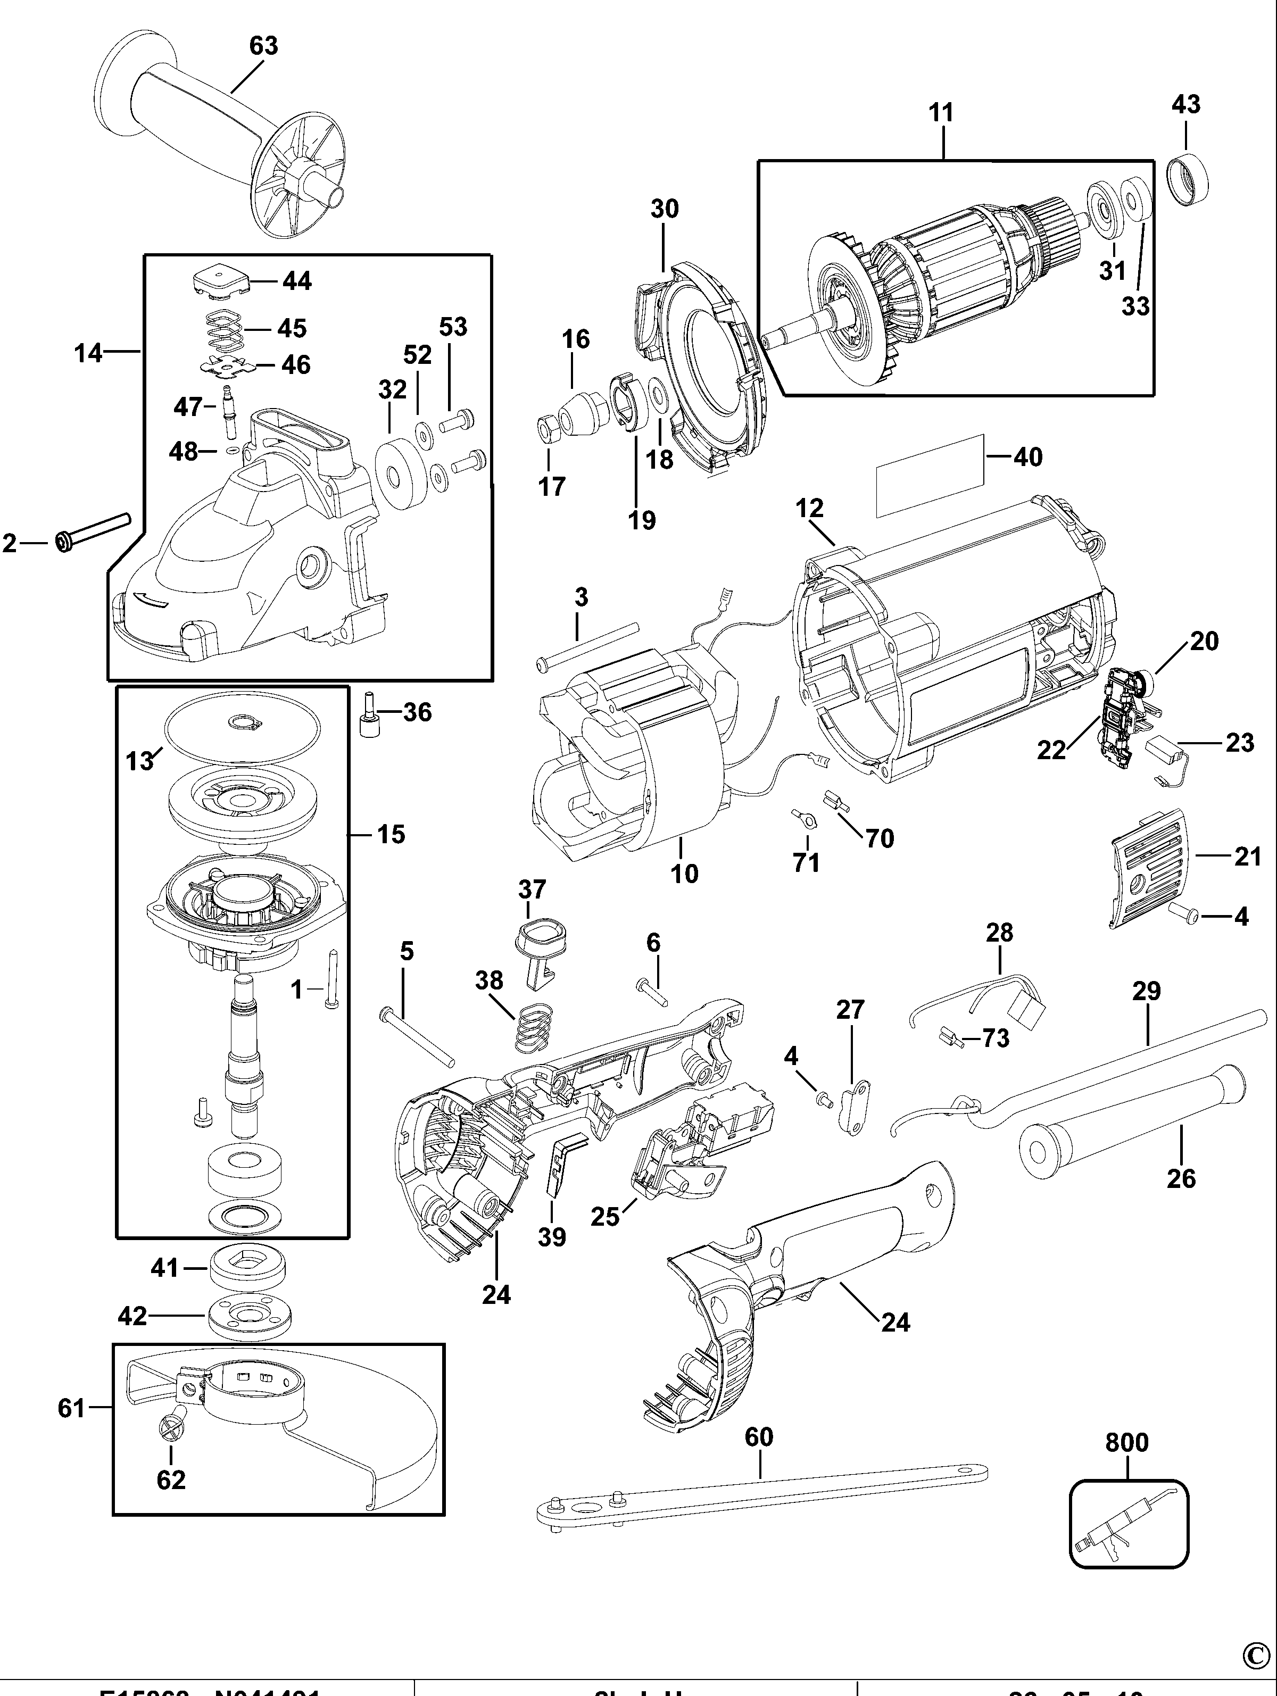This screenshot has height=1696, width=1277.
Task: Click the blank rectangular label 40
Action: (929, 476)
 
